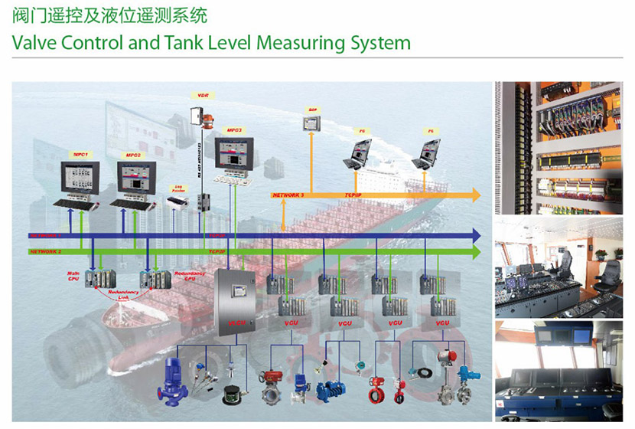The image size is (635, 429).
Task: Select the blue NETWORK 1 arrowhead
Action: [475, 234]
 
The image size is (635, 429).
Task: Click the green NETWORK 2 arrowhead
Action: [475, 251]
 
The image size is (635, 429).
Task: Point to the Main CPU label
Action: [75, 275]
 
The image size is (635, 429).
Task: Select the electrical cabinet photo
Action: [562, 147]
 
